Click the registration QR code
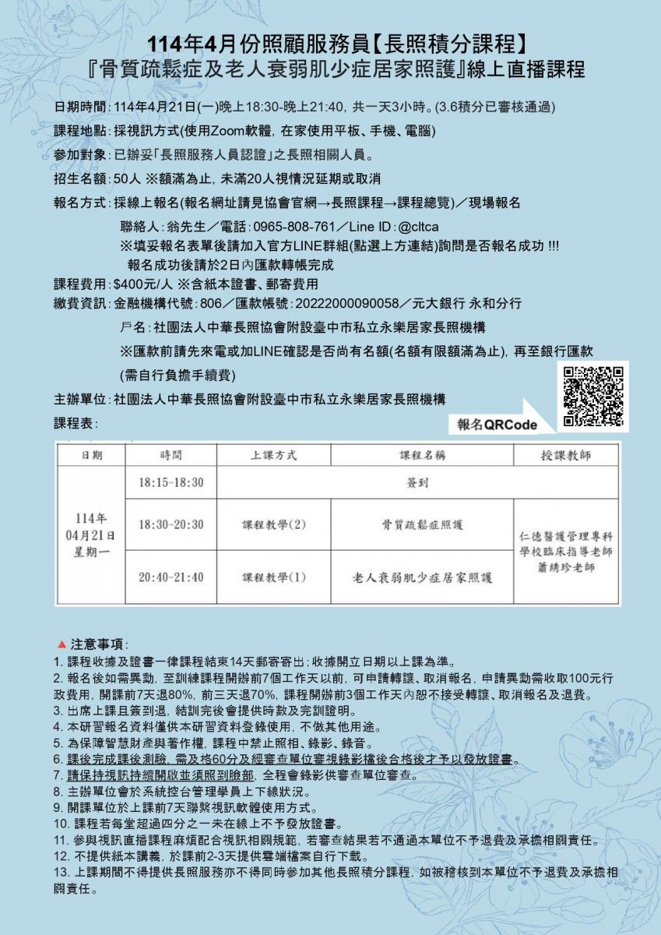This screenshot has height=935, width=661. pyautogui.click(x=593, y=397)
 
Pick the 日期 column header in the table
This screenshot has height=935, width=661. pyautogui.click(x=92, y=455)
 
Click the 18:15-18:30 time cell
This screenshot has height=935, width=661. pyautogui.click(x=171, y=482)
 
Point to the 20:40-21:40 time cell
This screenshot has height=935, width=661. pyautogui.click(x=171, y=577)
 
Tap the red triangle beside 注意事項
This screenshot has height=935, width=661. pyautogui.click(x=62, y=645)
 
